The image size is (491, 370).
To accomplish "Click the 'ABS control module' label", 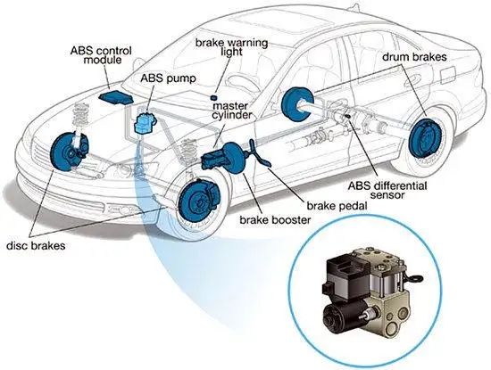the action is pyautogui.click(x=101, y=54).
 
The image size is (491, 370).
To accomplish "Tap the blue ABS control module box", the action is pyautogui.click(x=115, y=97).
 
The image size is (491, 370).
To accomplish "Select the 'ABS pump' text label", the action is pyautogui.click(x=168, y=78).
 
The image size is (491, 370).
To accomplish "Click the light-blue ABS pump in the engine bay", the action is pyautogui.click(x=145, y=123).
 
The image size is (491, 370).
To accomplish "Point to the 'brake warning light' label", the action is pyautogui.click(x=232, y=47).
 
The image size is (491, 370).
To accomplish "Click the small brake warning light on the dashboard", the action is pyautogui.click(x=214, y=97).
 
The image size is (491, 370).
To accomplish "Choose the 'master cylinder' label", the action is pyautogui.click(x=232, y=110).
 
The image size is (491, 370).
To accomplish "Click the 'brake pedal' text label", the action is pyautogui.click(x=337, y=206).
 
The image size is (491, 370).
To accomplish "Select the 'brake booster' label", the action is pyautogui.click(x=275, y=220).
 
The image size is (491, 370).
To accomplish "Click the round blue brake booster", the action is pyautogui.click(x=234, y=158).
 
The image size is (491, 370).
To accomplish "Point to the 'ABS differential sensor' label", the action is pyautogui.click(x=387, y=190).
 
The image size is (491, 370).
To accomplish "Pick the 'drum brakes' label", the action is pyautogui.click(x=414, y=57).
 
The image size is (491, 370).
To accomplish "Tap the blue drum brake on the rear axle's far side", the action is pyautogui.click(x=295, y=103).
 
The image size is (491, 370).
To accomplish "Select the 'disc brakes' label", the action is pyautogui.click(x=36, y=245).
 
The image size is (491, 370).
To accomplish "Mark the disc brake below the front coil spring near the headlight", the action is pyautogui.click(x=67, y=152).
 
